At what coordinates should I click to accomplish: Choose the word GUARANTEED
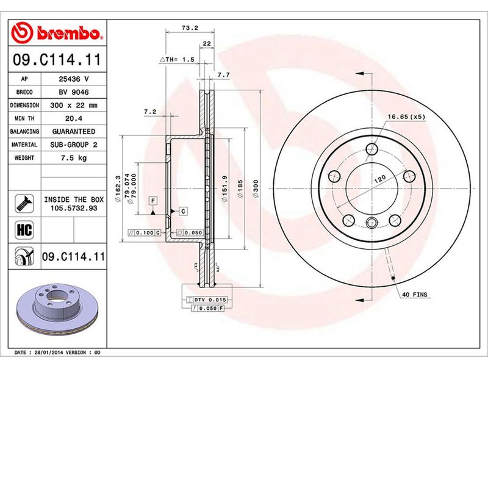pos(73,131)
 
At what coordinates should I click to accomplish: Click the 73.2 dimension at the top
pos(190,27)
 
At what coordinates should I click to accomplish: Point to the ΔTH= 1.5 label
pos(177,60)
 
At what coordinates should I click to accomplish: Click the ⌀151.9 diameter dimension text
pos(225,189)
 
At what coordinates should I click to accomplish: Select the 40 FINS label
pos(415,295)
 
